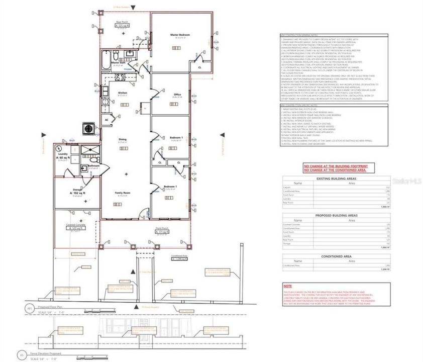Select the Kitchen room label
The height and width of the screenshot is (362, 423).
(x=123, y=94)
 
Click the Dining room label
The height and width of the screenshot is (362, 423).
(x=122, y=140)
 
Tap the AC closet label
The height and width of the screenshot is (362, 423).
(x=107, y=121)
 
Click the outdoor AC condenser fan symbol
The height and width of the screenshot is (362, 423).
(x=89, y=128)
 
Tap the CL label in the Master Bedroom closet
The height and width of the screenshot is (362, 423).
(x=199, y=67)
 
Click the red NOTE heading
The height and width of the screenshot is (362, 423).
(x=287, y=285)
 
